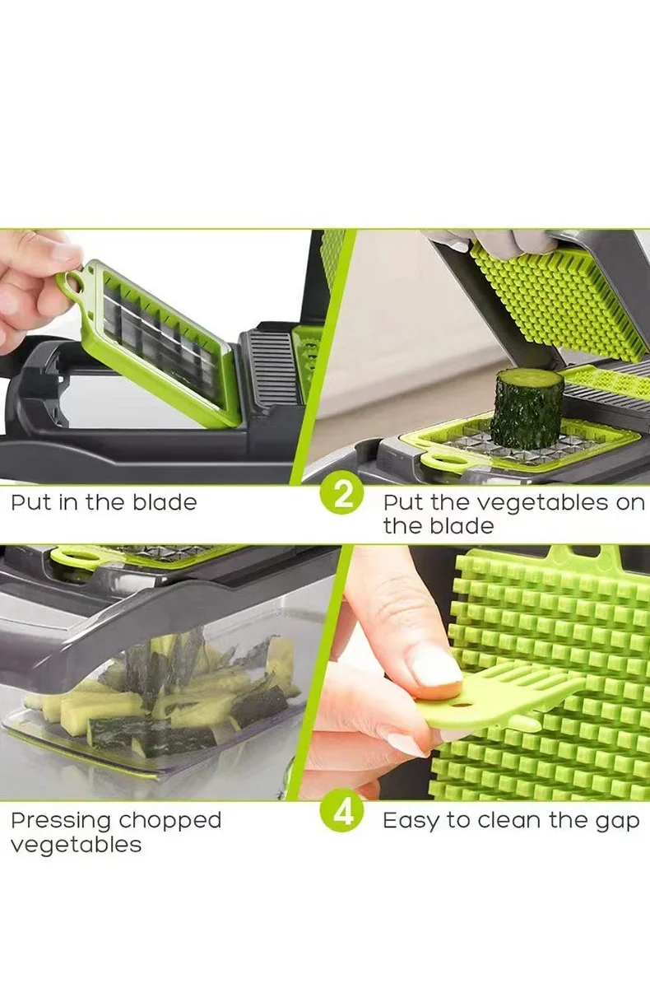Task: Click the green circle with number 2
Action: point(342,495)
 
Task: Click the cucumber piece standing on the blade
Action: point(527,408)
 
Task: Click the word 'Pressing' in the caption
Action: point(61,821)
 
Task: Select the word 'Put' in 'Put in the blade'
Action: point(30,502)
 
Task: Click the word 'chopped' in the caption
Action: point(170,821)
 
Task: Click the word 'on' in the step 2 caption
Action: point(629,502)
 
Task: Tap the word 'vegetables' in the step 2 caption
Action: point(527,502)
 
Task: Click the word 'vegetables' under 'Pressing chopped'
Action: point(76,846)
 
